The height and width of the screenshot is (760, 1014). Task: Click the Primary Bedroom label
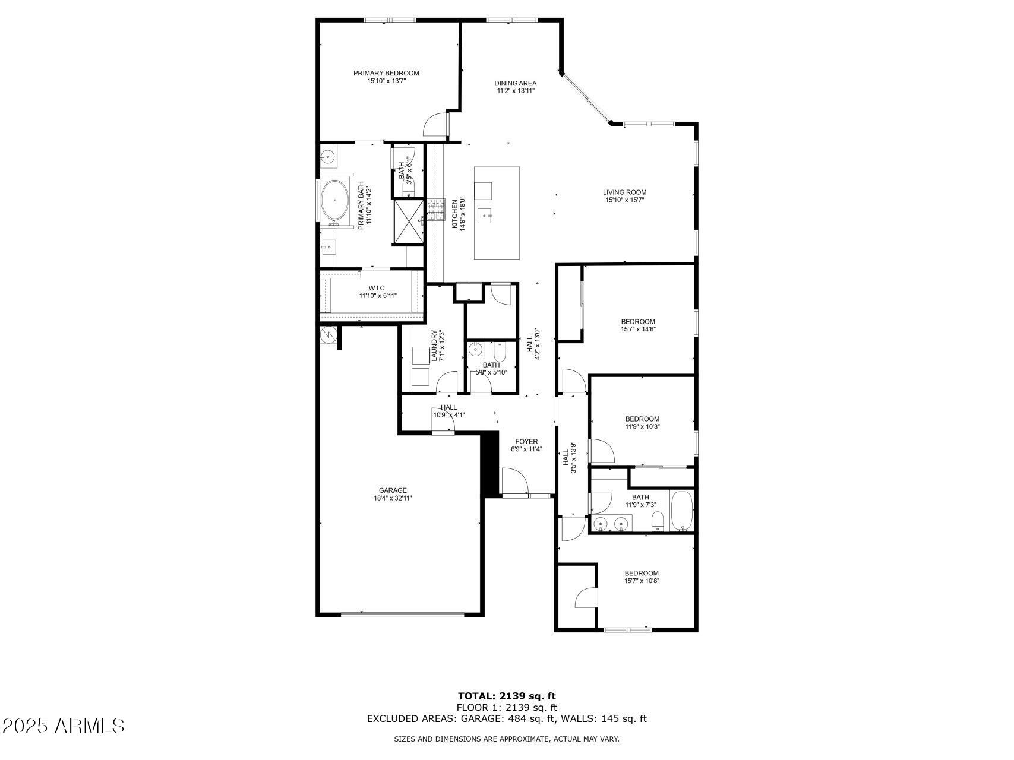(x=386, y=73)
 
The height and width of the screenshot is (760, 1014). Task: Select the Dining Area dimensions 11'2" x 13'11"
(x=516, y=91)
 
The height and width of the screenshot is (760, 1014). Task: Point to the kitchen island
(x=497, y=213)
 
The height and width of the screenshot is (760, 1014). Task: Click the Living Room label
(x=624, y=192)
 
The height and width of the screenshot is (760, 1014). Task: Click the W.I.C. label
(x=377, y=288)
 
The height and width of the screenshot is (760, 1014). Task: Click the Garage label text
(x=393, y=490)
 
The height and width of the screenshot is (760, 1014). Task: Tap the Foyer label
(x=526, y=442)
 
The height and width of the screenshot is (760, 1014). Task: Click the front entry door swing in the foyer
(x=514, y=481)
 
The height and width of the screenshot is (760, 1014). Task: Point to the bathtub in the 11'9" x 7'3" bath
(x=681, y=511)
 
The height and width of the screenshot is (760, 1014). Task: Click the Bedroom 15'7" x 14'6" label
(x=638, y=322)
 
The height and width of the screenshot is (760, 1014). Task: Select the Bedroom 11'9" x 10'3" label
(x=642, y=419)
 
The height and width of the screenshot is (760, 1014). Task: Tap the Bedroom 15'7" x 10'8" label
(x=642, y=573)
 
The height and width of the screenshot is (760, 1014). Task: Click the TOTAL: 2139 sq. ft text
(x=507, y=696)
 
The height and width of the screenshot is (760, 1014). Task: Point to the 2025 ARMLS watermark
(x=63, y=726)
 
